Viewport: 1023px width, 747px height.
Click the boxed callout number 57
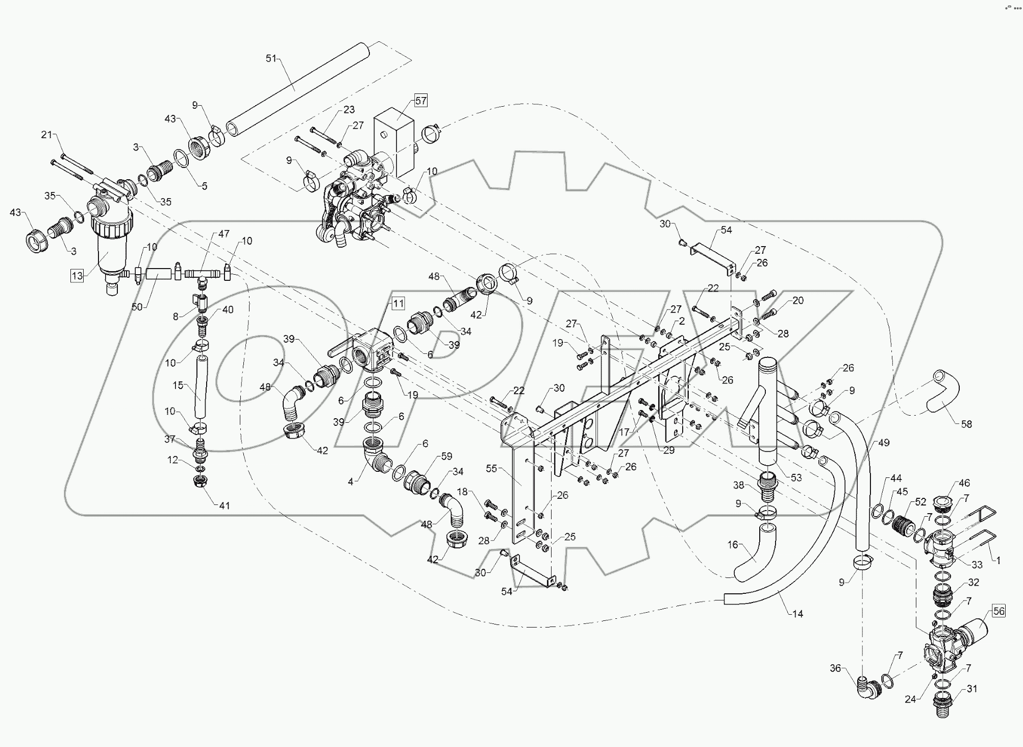click(x=420, y=101)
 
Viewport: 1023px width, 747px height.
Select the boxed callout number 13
click(x=77, y=276)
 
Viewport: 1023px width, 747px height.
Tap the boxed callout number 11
click(x=398, y=303)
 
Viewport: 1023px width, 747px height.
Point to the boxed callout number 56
click(x=999, y=611)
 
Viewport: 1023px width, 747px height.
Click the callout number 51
click(x=271, y=59)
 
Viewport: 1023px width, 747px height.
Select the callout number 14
click(x=797, y=614)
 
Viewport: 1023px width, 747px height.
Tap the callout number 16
click(x=733, y=545)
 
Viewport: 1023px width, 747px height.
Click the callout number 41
click(x=224, y=505)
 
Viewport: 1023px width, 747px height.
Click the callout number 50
click(x=137, y=306)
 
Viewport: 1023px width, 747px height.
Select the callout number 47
click(x=224, y=234)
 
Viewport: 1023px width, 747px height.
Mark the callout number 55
click(x=491, y=469)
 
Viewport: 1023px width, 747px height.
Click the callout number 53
click(x=796, y=477)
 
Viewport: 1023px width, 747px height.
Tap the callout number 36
click(x=835, y=668)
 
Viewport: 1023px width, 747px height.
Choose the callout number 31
click(x=972, y=689)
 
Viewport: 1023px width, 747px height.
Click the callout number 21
click(x=47, y=135)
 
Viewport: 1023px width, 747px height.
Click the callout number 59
click(x=447, y=456)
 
